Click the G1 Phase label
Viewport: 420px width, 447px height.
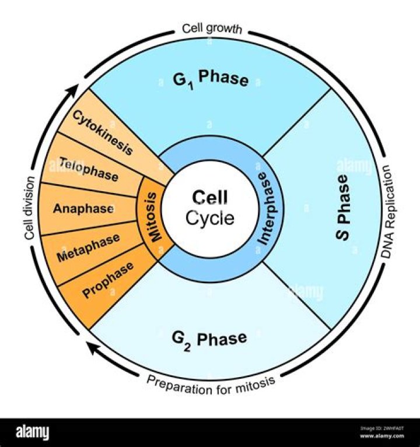click(x=210, y=79)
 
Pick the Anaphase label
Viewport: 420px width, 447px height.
click(x=83, y=208)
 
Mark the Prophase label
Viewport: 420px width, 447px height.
click(x=108, y=280)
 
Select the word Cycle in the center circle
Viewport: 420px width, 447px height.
click(x=210, y=219)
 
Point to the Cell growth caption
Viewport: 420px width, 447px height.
click(x=211, y=28)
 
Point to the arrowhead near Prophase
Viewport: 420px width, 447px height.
click(x=91, y=347)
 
